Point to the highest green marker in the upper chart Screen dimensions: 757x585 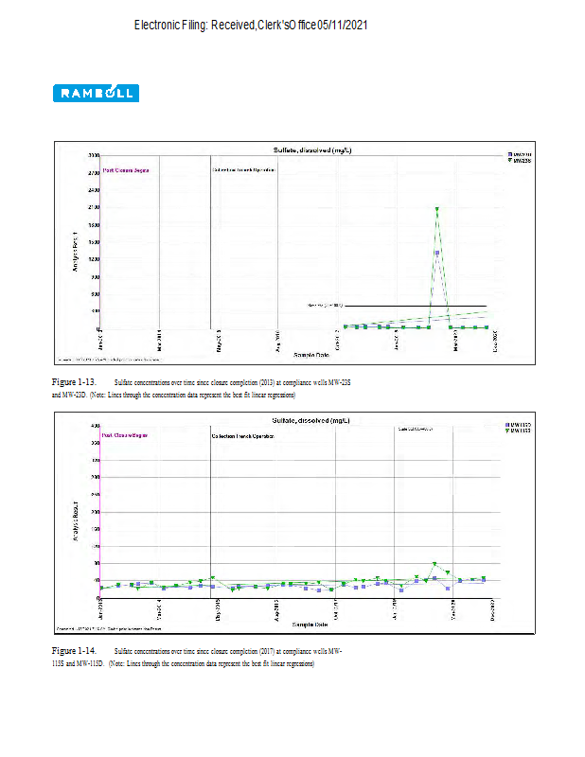(x=436, y=208)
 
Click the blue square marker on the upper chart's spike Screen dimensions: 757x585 (x=437, y=253)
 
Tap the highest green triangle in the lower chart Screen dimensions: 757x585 (x=434, y=565)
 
